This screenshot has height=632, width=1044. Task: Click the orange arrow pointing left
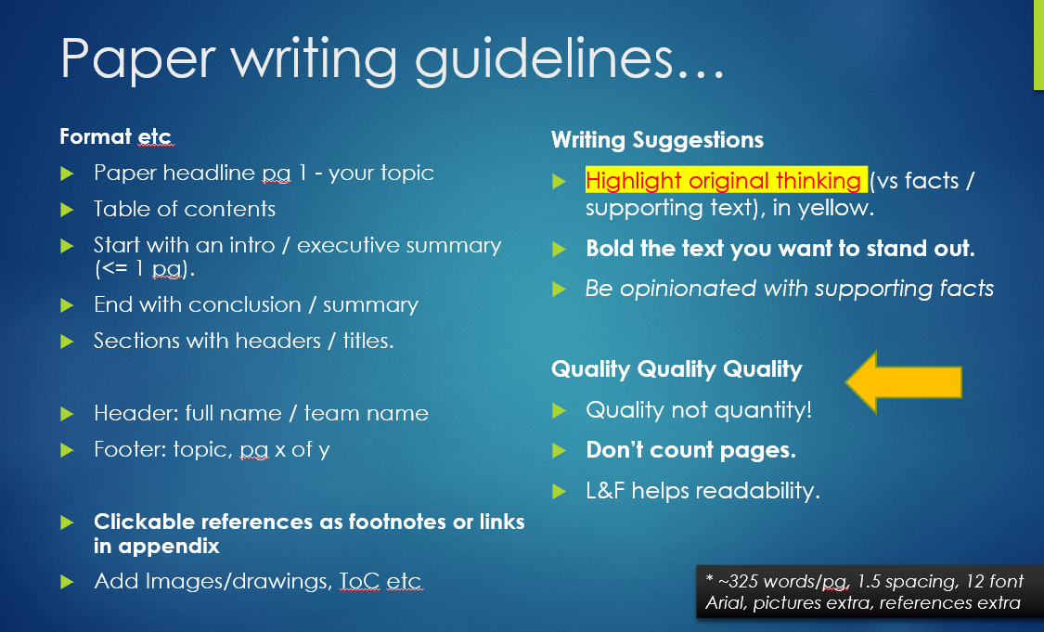point(904,382)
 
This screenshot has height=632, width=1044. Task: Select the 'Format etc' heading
point(116,136)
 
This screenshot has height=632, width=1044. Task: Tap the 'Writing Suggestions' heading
point(657,140)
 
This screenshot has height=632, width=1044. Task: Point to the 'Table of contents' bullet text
point(185,209)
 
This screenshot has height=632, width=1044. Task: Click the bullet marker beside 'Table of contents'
point(67,211)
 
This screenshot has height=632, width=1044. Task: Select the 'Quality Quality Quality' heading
point(677,369)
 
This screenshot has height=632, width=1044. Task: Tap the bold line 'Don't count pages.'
point(690,450)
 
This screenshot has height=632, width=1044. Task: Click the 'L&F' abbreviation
point(605,491)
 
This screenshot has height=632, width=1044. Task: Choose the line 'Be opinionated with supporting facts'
point(789,289)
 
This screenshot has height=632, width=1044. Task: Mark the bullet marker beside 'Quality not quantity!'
point(560,411)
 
